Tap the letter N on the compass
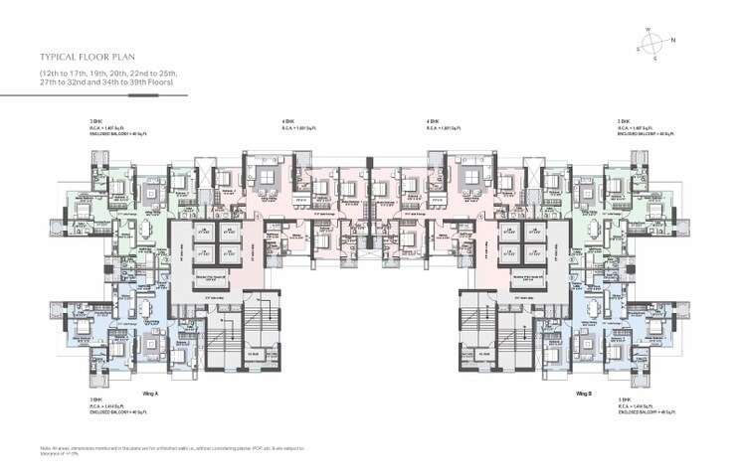(x=673, y=40)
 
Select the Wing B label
(x=584, y=394)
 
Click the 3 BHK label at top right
(x=623, y=121)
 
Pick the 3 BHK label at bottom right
(x=623, y=399)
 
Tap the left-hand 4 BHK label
(x=286, y=121)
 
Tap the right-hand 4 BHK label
(x=432, y=121)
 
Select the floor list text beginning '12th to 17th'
(x=106, y=79)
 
